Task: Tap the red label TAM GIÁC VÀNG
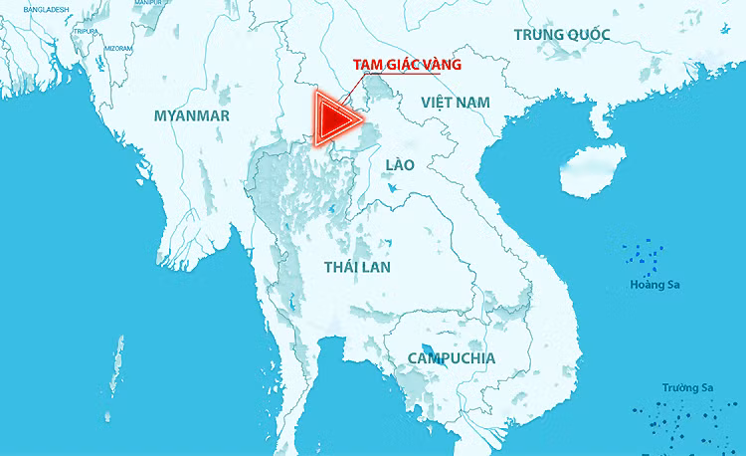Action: tap(394, 65)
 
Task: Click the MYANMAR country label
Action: tap(192, 116)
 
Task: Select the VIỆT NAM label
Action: tap(456, 103)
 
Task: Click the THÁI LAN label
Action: tap(358, 267)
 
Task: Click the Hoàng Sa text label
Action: tap(654, 286)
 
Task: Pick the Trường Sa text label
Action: tap(687, 388)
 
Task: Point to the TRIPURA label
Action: tap(86, 31)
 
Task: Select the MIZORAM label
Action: tap(117, 48)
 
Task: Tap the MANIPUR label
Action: tap(147, 3)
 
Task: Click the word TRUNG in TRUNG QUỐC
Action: tap(538, 35)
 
